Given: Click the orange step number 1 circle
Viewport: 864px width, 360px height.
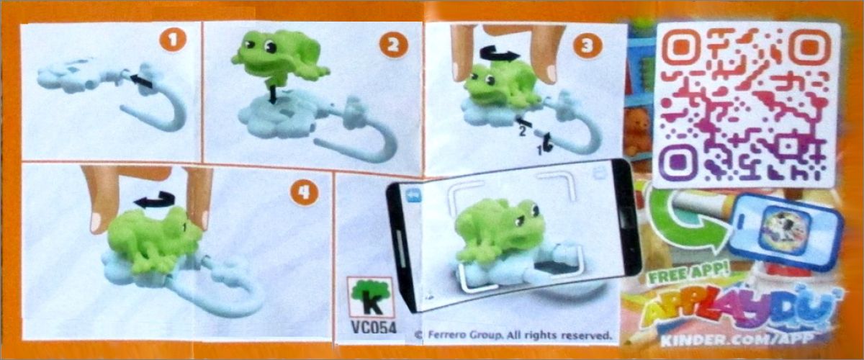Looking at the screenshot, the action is [x=173, y=40].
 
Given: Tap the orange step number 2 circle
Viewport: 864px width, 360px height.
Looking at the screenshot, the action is [x=393, y=46].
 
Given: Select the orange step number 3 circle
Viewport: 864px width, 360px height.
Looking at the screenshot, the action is [x=588, y=46].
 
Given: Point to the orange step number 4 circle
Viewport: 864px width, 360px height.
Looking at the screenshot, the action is [x=305, y=192].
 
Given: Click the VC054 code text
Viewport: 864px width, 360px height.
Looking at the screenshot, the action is [x=373, y=328].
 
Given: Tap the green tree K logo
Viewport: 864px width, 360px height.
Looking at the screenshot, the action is [x=369, y=297].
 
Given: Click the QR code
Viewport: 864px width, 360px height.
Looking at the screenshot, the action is [x=748, y=105].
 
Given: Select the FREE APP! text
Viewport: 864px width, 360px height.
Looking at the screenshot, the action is [x=689, y=275].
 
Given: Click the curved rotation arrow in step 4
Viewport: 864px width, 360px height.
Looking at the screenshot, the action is [x=156, y=199].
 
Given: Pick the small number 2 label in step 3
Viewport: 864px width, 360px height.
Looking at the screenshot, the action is [x=522, y=132].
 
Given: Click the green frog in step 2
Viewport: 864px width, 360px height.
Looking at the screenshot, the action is [x=279, y=56].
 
